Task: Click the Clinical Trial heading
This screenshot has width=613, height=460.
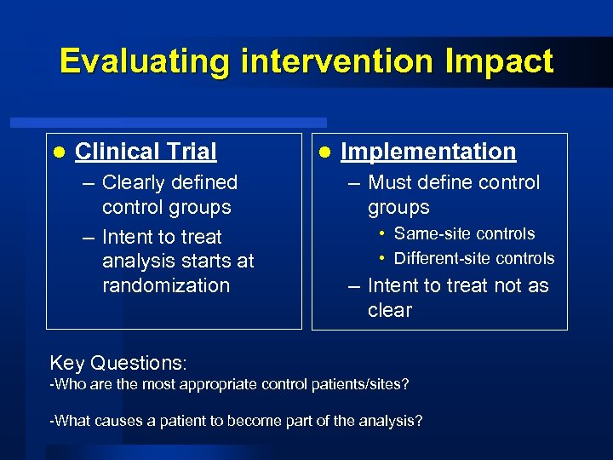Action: [146, 152]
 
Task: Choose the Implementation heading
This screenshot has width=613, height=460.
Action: [428, 152]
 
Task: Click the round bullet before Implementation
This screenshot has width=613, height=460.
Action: [324, 152]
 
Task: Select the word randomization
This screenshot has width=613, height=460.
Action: [165, 285]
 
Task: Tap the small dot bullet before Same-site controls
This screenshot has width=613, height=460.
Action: [383, 233]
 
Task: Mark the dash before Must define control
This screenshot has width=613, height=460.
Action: [354, 183]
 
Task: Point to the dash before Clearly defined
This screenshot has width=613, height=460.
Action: [89, 183]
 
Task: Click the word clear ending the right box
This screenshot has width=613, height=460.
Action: [389, 310]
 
